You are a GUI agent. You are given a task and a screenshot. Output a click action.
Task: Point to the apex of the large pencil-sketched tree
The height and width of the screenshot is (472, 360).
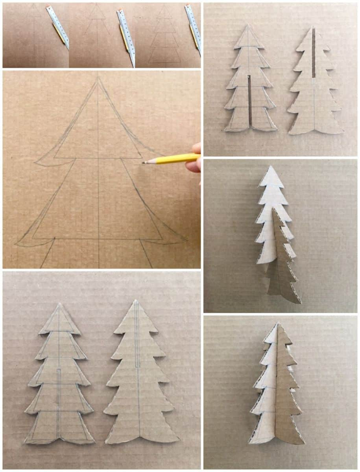(x=98, y=78)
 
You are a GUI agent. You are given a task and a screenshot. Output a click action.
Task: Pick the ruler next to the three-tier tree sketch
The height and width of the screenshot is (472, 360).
(x=194, y=28)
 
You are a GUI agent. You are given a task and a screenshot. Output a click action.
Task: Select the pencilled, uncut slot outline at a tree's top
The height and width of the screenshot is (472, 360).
(x=137, y=334)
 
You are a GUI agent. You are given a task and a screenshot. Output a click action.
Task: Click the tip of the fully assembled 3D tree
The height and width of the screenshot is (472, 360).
(x=277, y=324)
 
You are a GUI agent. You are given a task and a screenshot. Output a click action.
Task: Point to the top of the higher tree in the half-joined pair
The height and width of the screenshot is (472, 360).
(x=270, y=167)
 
